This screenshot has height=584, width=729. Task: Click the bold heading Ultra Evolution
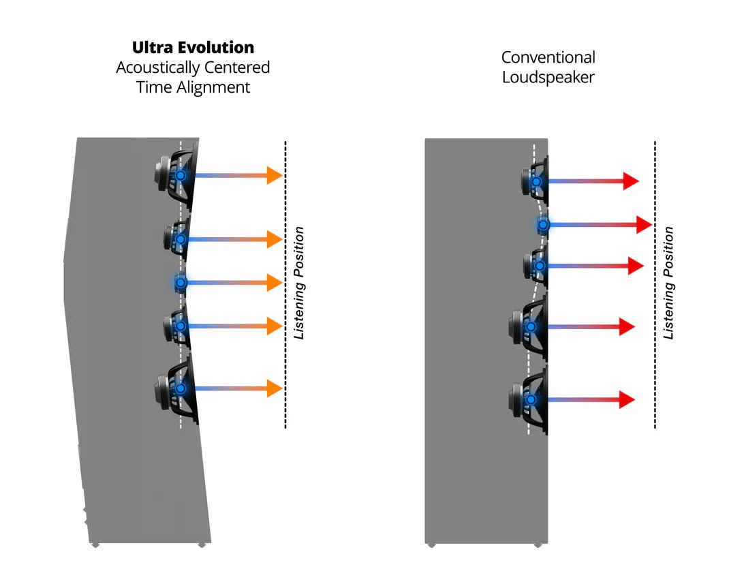click(x=193, y=48)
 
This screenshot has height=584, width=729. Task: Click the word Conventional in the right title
click(x=548, y=57)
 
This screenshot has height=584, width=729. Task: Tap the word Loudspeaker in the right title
click(x=548, y=77)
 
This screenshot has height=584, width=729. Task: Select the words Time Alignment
click(x=193, y=87)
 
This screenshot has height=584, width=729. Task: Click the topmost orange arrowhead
click(x=274, y=175)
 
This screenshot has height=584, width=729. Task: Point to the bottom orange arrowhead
click(x=274, y=388)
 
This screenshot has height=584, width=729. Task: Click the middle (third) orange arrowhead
click(x=274, y=282)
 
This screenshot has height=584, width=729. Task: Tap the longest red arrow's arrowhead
click(x=644, y=224)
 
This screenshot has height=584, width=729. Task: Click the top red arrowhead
click(x=630, y=181)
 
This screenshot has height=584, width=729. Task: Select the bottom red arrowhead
click(x=626, y=399)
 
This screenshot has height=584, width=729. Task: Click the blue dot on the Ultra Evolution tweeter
click(x=181, y=282)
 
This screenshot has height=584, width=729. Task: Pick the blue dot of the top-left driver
click(x=181, y=175)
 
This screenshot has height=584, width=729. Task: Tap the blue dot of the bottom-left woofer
click(x=181, y=388)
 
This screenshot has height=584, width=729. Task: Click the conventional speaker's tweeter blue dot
click(x=543, y=224)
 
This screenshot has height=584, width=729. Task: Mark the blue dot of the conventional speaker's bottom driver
click(x=531, y=399)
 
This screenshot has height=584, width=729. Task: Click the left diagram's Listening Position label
click(x=299, y=282)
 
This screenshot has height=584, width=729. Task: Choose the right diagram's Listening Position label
click(x=669, y=283)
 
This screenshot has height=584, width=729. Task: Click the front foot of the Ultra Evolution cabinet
click(x=202, y=544)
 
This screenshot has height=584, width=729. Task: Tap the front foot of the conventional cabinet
click(x=538, y=544)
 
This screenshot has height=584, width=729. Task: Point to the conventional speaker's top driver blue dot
click(x=537, y=182)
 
